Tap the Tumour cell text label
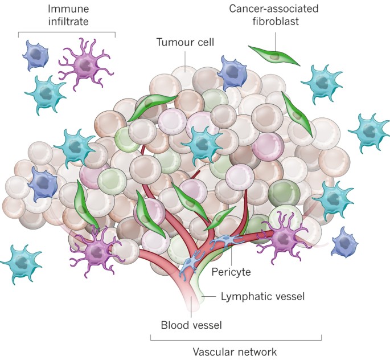(x=181, y=42)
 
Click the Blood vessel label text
(x=191, y=325)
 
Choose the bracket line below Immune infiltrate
(x=67, y=32)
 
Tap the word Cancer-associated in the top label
(x=273, y=9)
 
